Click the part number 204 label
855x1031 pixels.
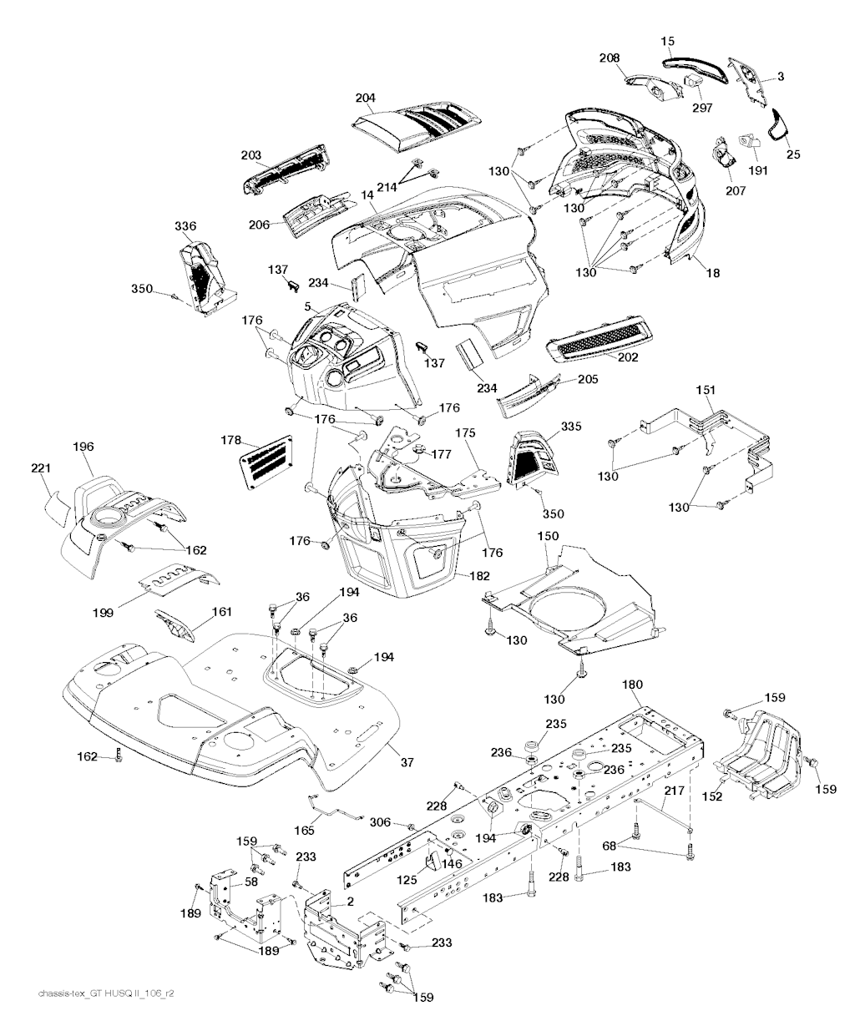point(365,98)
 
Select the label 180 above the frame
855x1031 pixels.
point(633,685)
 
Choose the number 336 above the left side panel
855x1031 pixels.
point(185,226)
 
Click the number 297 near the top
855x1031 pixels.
point(701,109)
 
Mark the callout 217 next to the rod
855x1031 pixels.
point(675,791)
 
